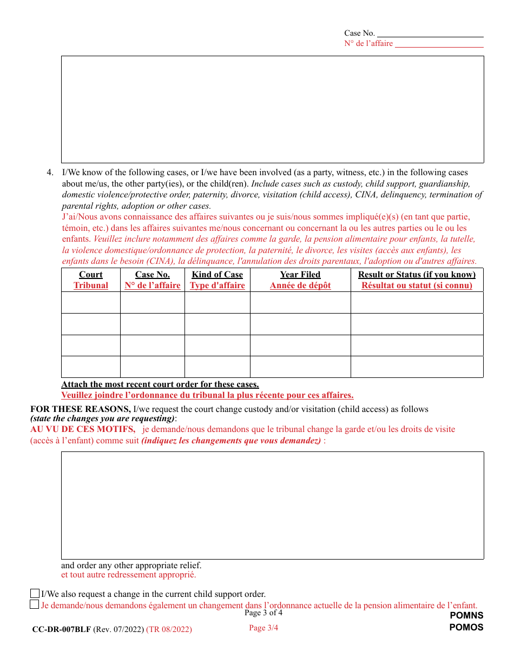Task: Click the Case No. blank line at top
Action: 430,34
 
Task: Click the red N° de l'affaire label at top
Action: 368,44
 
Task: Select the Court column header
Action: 91,275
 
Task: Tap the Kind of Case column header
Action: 217,275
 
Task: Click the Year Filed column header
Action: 300,275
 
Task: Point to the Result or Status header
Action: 417,275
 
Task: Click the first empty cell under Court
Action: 91,302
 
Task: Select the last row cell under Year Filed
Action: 300,367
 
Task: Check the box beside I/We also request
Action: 35,594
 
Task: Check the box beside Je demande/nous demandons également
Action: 35,604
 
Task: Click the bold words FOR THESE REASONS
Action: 81,409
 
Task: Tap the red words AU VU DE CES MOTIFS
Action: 83,429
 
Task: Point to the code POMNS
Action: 466,615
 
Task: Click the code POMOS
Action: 466,628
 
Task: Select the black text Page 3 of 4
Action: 263,613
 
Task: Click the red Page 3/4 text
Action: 263,628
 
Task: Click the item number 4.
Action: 50,172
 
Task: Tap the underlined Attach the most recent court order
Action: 160,384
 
